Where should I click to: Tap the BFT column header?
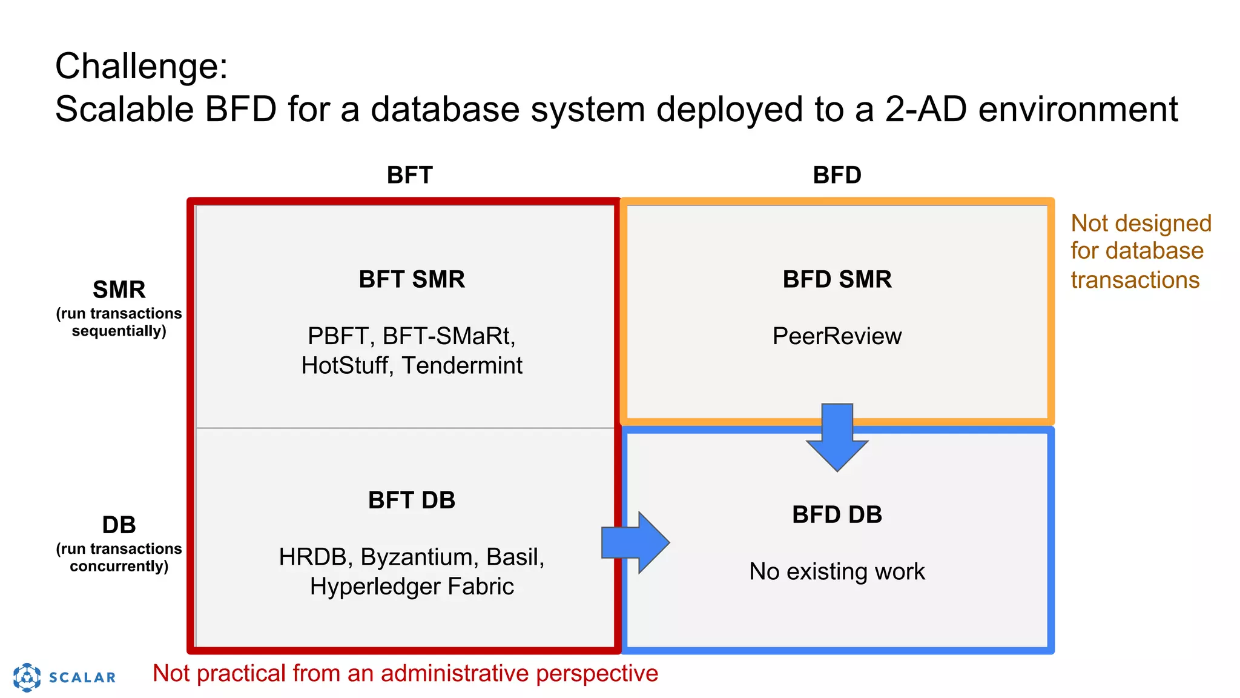(x=409, y=175)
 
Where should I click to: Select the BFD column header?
(x=837, y=175)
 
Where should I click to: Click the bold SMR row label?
(x=119, y=290)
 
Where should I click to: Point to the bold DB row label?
(x=119, y=525)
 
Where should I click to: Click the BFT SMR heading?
(x=412, y=279)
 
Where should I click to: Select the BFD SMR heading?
(x=837, y=279)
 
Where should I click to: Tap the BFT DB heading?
(x=412, y=500)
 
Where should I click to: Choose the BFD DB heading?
(x=837, y=514)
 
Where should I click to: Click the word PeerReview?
(x=837, y=336)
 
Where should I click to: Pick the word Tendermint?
(x=462, y=366)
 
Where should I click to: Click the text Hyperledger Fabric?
(x=412, y=587)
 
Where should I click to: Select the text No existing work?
(x=837, y=571)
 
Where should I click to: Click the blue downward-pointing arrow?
(x=837, y=439)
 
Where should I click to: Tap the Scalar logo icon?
(x=27, y=677)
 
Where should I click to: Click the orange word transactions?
(x=1135, y=280)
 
